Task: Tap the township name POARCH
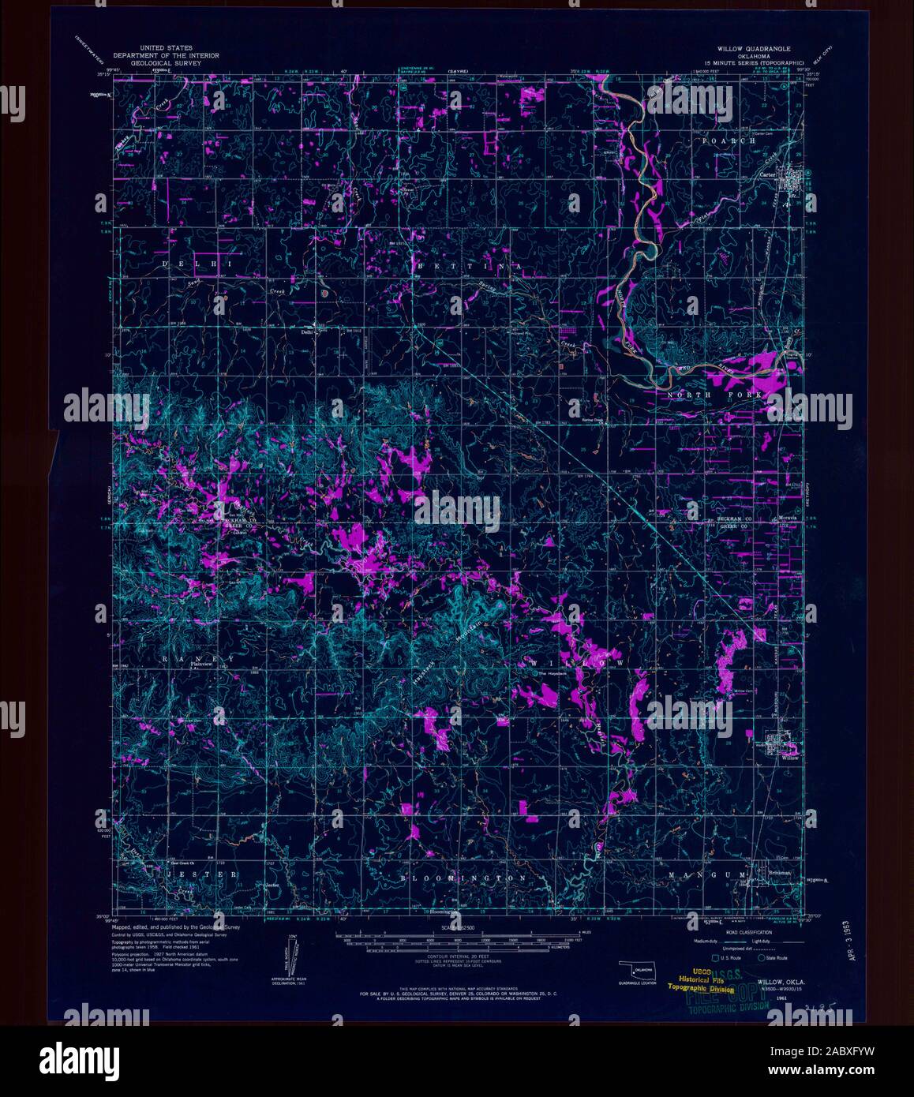(729, 140)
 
